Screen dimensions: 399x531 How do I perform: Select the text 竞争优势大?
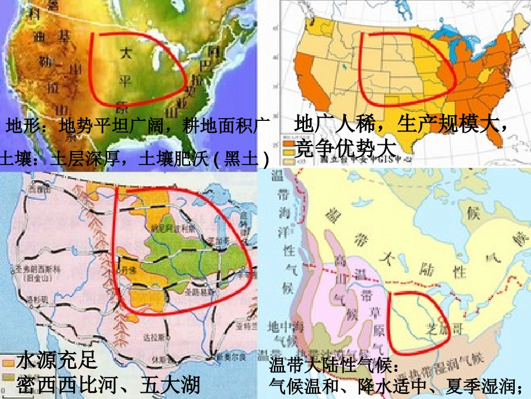(345, 149)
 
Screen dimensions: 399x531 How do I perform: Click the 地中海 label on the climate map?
(279, 325)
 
